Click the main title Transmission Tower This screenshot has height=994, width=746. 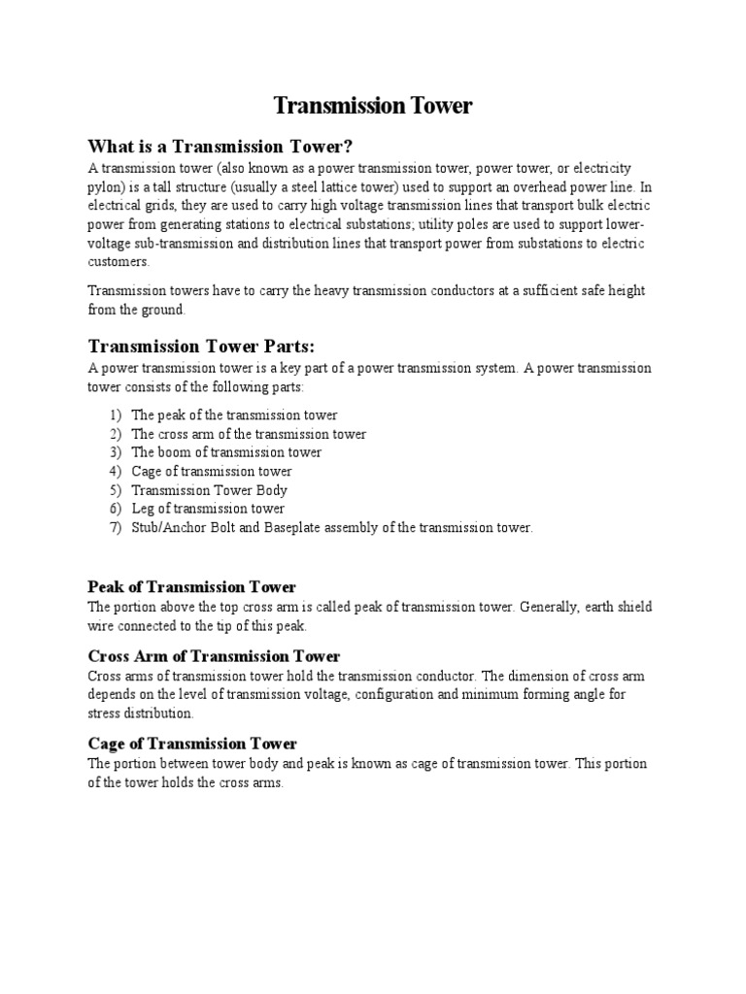click(x=372, y=106)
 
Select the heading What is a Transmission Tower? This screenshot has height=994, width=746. click(x=220, y=147)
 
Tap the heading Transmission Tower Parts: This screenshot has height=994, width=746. click(x=202, y=347)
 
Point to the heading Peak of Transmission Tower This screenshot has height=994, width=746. click(x=191, y=586)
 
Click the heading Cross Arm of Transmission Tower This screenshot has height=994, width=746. click(x=214, y=656)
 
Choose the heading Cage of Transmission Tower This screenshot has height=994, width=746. click(x=191, y=744)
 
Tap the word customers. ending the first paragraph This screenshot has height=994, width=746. click(x=119, y=262)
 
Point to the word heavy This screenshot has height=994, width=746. click(x=346, y=291)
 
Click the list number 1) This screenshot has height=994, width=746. click(x=116, y=415)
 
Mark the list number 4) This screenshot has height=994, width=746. click(x=116, y=472)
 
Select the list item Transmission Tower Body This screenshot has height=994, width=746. click(x=209, y=490)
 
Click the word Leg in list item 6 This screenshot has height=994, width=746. click(x=143, y=509)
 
